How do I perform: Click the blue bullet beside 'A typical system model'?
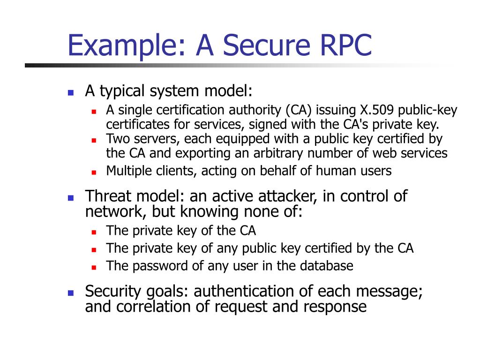[x=71, y=92]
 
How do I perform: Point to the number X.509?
[x=377, y=111]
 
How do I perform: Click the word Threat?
[x=108, y=196]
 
